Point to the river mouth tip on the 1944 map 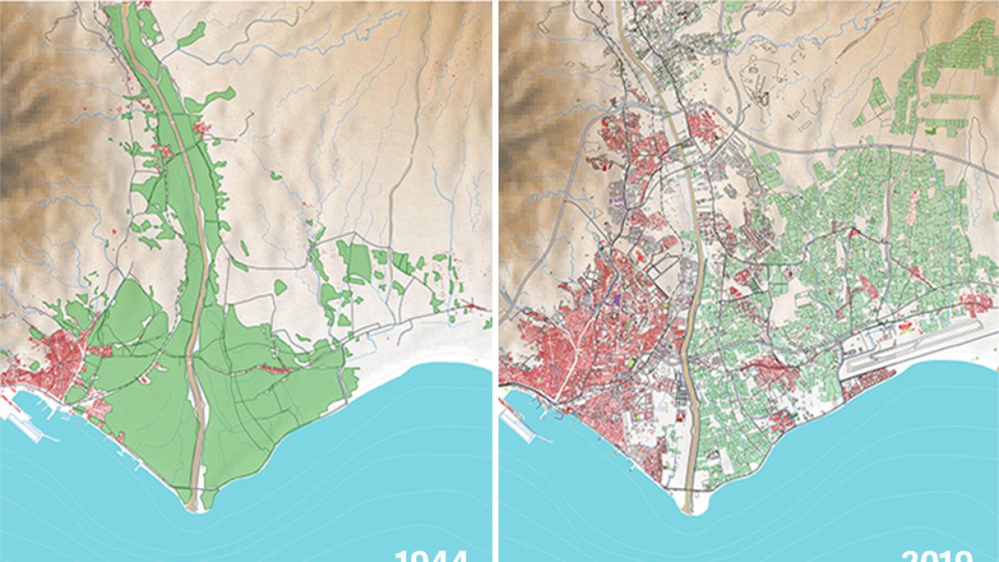coord(194,507)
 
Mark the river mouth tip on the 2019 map coord(688,509)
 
